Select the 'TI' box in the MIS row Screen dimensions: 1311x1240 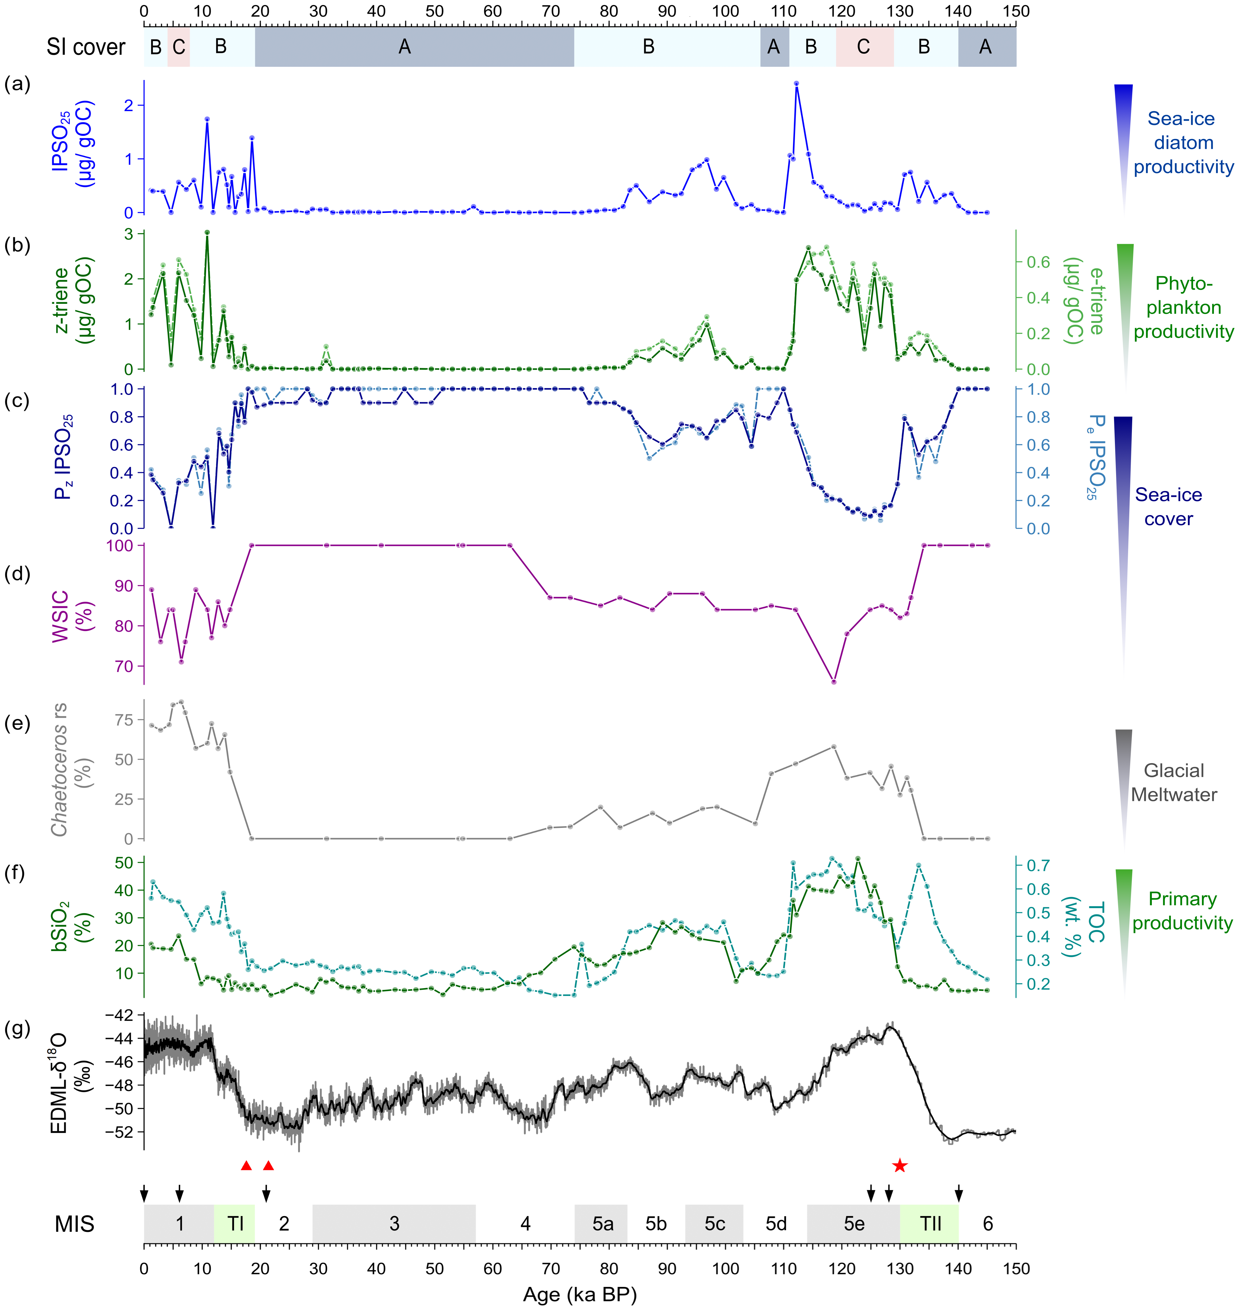pos(235,1224)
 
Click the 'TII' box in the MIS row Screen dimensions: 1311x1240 pos(930,1224)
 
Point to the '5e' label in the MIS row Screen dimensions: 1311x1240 pos(854,1224)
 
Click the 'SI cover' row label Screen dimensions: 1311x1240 pos(86,47)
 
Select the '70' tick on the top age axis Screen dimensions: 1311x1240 pos(551,11)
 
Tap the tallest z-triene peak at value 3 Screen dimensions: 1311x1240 pos(207,233)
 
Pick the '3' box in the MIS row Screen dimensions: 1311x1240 pos(394,1224)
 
